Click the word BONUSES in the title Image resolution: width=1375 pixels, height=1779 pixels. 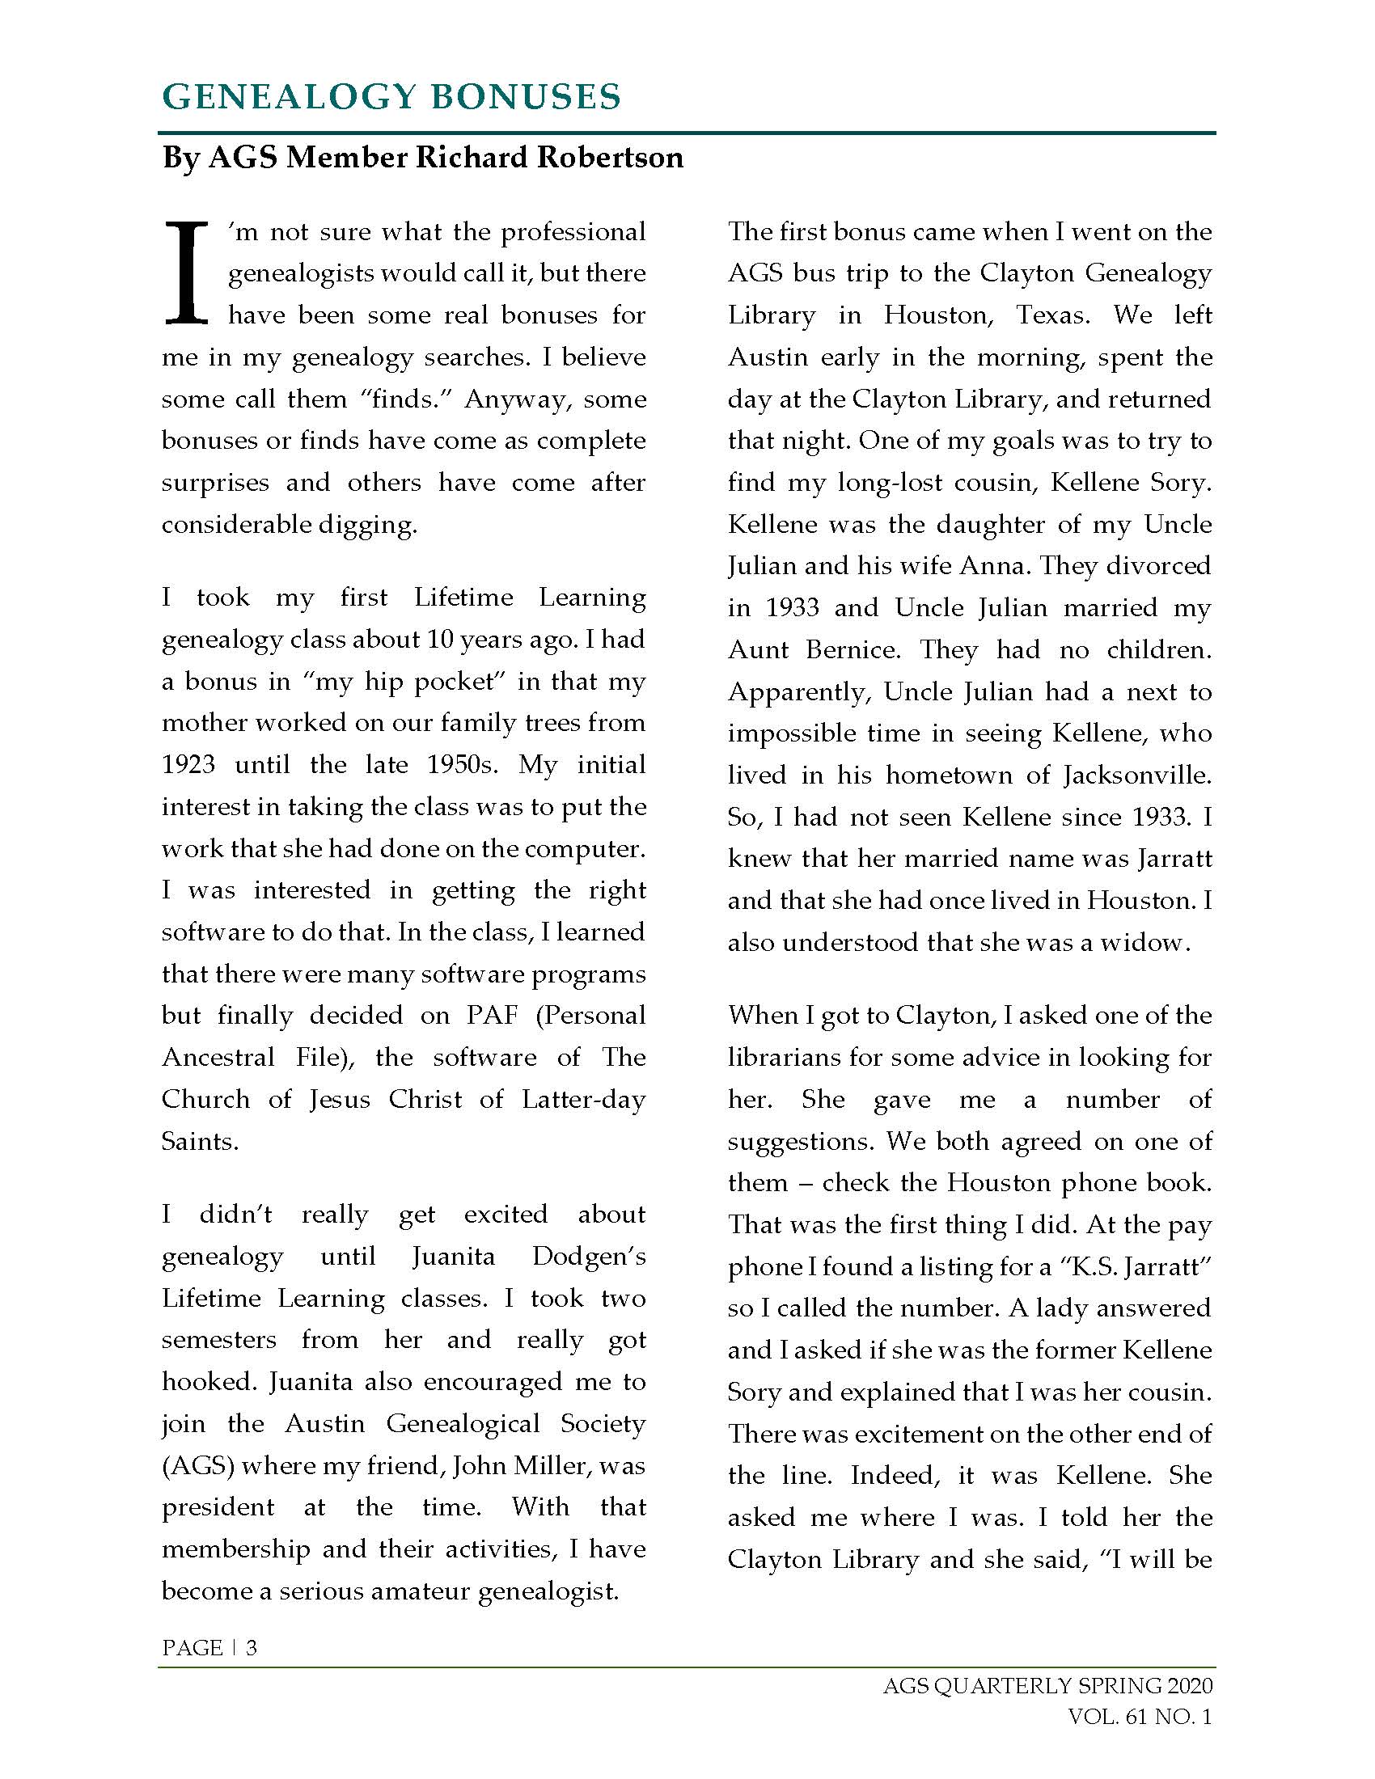pyautogui.click(x=525, y=97)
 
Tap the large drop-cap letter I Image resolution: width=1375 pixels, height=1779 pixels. pyautogui.click(x=187, y=273)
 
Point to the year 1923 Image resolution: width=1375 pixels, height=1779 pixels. pyautogui.click(x=188, y=765)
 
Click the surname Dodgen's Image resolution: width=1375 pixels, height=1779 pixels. pyautogui.click(x=588, y=1256)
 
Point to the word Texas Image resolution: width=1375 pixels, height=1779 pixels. pyautogui.click(x=1052, y=315)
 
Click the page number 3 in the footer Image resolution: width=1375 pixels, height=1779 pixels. pyautogui.click(x=252, y=1648)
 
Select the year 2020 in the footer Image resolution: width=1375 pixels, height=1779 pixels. pyautogui.click(x=1189, y=1685)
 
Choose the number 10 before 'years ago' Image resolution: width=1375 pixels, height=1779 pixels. pyautogui.click(x=440, y=640)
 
